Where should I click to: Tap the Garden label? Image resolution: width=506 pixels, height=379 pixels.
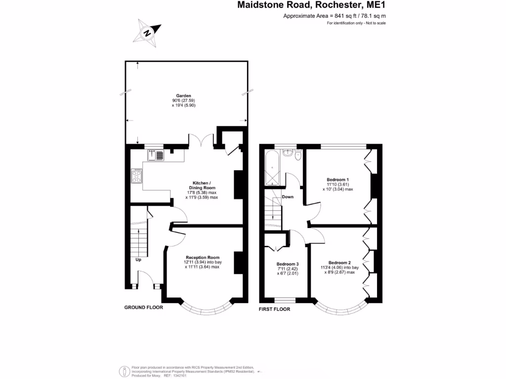(x=184, y=96)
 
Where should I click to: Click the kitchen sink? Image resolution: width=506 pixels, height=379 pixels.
(x=156, y=155)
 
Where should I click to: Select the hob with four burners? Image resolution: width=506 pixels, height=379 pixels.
(x=137, y=176)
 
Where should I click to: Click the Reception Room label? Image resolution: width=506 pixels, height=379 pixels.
(x=202, y=257)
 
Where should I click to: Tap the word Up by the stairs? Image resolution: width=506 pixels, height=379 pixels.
(x=139, y=259)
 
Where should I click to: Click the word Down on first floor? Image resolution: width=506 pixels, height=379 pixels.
(x=288, y=197)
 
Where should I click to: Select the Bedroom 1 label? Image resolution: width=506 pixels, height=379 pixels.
(x=337, y=179)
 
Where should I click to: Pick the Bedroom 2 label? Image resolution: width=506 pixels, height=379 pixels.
(x=339, y=262)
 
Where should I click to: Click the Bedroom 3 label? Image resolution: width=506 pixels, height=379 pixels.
(x=288, y=264)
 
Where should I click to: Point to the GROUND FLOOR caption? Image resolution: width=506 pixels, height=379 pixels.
(x=143, y=307)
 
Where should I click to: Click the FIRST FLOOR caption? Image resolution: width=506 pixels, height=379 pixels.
(x=275, y=309)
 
